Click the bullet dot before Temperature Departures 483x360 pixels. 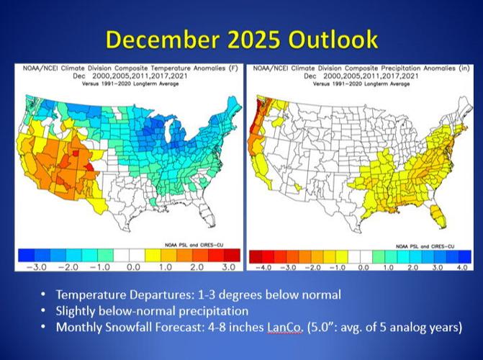pos(45,294)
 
